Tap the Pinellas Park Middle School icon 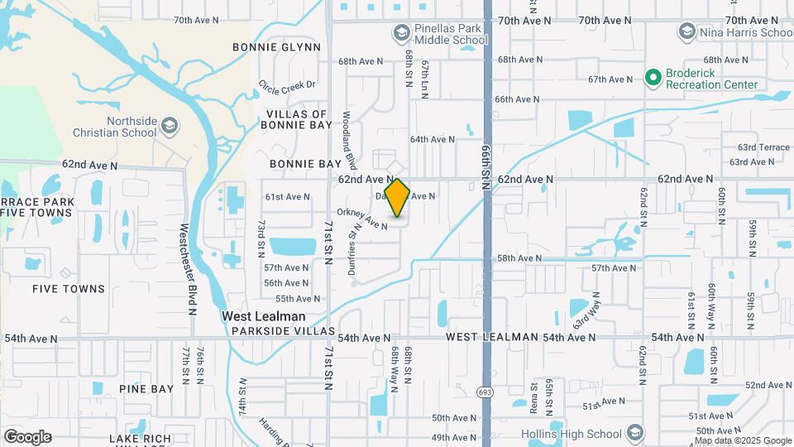pyautogui.click(x=401, y=32)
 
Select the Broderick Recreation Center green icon pyautogui.click(x=653, y=77)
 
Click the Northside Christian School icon pyautogui.click(x=170, y=126)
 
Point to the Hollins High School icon pyautogui.click(x=634, y=434)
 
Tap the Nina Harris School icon pyautogui.click(x=686, y=32)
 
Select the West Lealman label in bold pyautogui.click(x=263, y=316)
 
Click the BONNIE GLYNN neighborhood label pyautogui.click(x=276, y=47)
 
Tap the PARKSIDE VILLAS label pyautogui.click(x=283, y=331)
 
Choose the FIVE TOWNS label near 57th pyautogui.click(x=69, y=289)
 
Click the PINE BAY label pyautogui.click(x=146, y=388)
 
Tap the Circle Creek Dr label pyautogui.click(x=287, y=85)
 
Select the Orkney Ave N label pyautogui.click(x=362, y=219)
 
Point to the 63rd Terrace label pyautogui.click(x=764, y=147)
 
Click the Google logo pyautogui.click(x=27, y=437)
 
